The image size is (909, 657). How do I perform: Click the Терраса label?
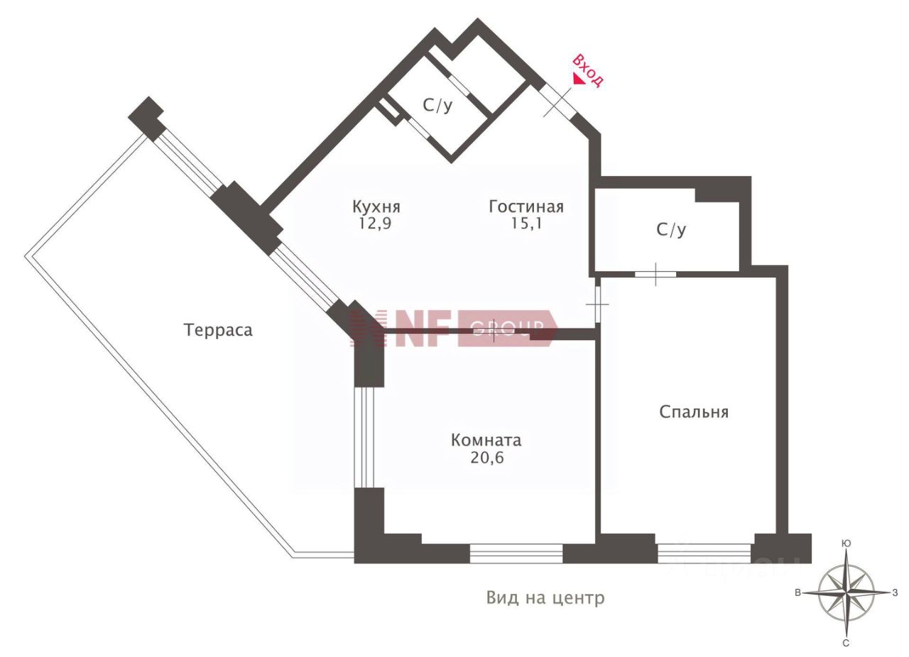click(x=218, y=330)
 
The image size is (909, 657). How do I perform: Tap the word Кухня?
click(x=376, y=206)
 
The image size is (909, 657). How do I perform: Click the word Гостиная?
click(x=526, y=206)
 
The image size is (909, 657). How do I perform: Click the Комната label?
click(x=486, y=440)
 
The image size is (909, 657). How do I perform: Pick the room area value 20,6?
click(x=486, y=458)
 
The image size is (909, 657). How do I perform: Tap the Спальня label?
click(x=694, y=412)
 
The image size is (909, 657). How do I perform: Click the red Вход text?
click(x=589, y=69)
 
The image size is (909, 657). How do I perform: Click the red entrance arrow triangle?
click(x=579, y=80)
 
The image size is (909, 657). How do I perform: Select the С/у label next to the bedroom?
click(x=671, y=230)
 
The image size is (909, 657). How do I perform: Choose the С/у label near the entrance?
click(x=437, y=106)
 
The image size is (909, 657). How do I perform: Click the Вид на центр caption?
click(x=545, y=597)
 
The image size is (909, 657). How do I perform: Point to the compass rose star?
click(x=846, y=593)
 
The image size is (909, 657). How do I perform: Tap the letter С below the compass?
click(x=846, y=643)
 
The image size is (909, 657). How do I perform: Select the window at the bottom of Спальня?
click(x=704, y=553)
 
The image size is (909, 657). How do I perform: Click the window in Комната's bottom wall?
click(x=516, y=553)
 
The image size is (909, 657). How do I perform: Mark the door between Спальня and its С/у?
click(x=655, y=274)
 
